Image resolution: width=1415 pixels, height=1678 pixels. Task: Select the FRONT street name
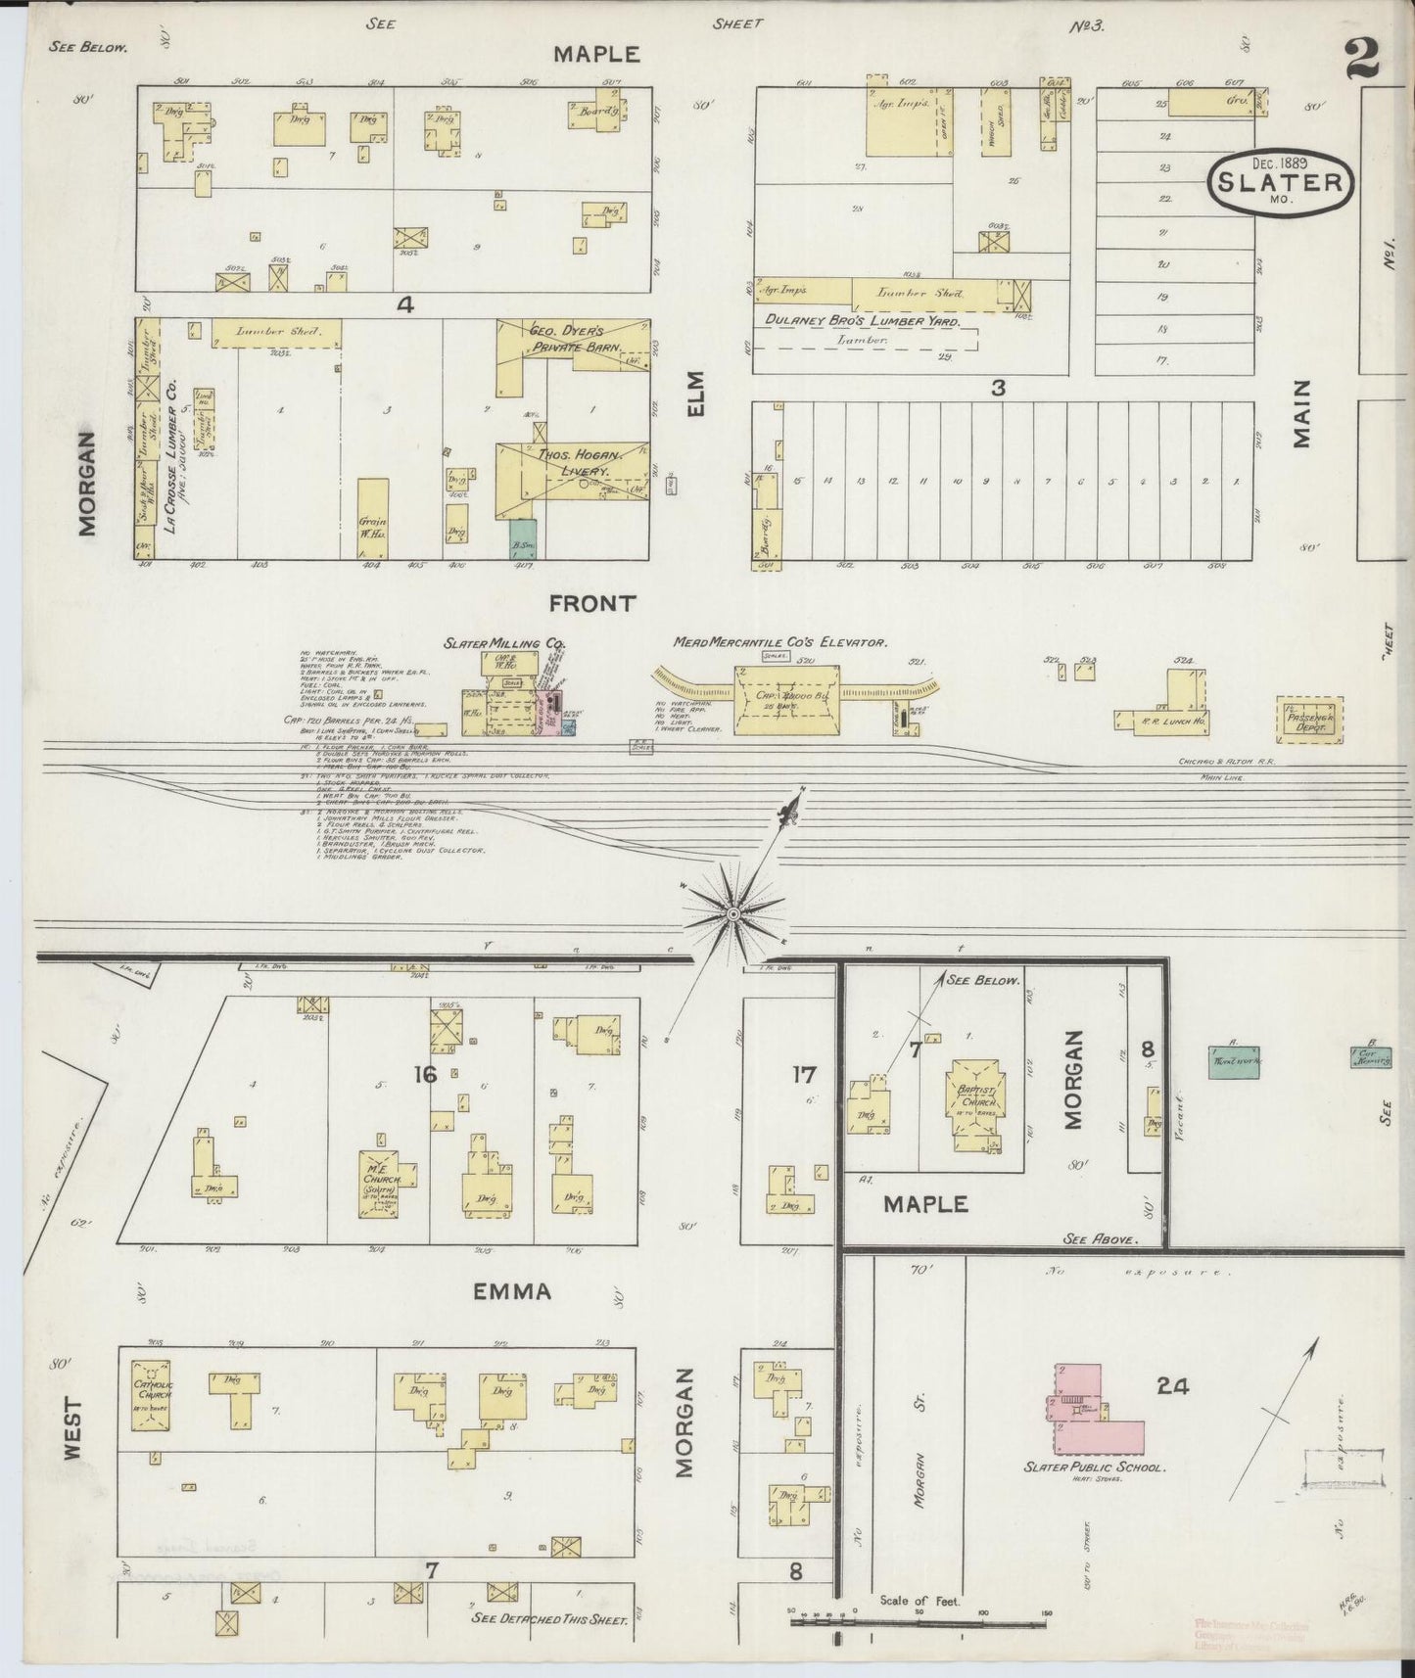(591, 604)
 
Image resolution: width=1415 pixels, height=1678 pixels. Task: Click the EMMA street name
(512, 1291)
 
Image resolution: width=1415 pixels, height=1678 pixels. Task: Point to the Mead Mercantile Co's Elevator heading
(779, 643)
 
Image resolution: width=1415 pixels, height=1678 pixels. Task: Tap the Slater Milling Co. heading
(505, 643)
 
